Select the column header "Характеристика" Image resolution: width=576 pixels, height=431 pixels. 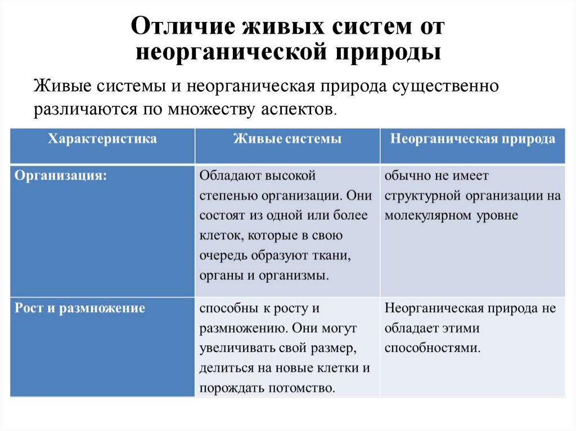tap(102, 139)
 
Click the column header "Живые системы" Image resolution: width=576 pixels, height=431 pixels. tap(287, 139)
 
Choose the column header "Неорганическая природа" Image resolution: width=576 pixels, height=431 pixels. tap(472, 139)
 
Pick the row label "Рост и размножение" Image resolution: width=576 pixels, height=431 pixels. tap(80, 308)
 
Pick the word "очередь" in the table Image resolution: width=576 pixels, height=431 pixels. tap(222, 256)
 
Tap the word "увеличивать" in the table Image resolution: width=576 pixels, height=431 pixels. tap(236, 348)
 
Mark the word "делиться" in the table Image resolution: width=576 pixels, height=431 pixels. tap(223, 368)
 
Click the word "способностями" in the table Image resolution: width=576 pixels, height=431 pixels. tap(432, 348)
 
